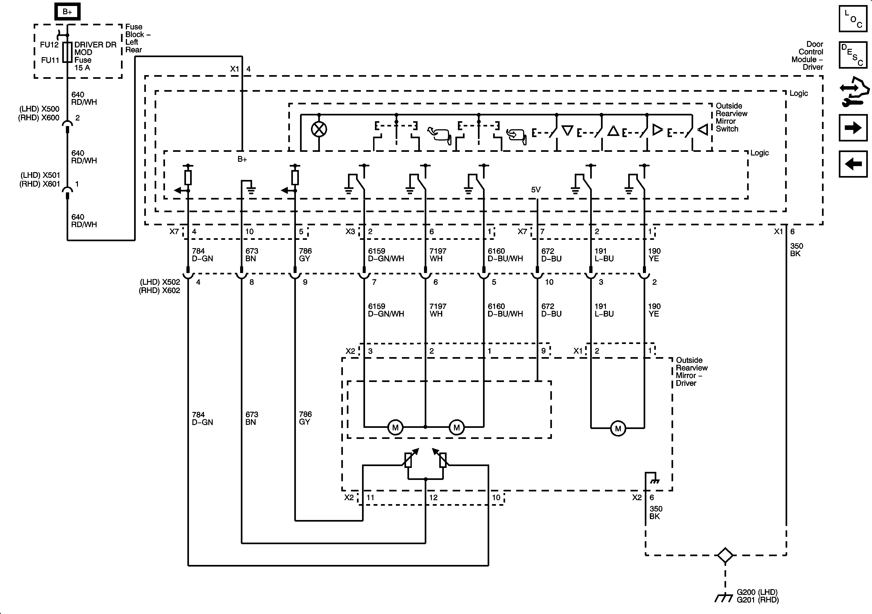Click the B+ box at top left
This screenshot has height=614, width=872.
coord(67,12)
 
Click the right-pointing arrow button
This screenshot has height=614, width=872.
coord(853,128)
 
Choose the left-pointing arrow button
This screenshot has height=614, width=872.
coord(853,164)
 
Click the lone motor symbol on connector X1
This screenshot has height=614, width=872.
coord(618,428)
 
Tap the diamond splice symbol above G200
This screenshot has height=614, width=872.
coord(725,555)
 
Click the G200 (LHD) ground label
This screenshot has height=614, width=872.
coord(757,592)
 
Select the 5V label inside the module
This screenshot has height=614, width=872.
coord(536,189)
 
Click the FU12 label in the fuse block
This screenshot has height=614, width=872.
coord(49,45)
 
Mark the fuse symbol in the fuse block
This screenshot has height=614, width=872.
coord(67,52)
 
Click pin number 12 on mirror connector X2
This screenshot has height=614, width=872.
coord(433,497)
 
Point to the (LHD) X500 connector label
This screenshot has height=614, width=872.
coord(39,109)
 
